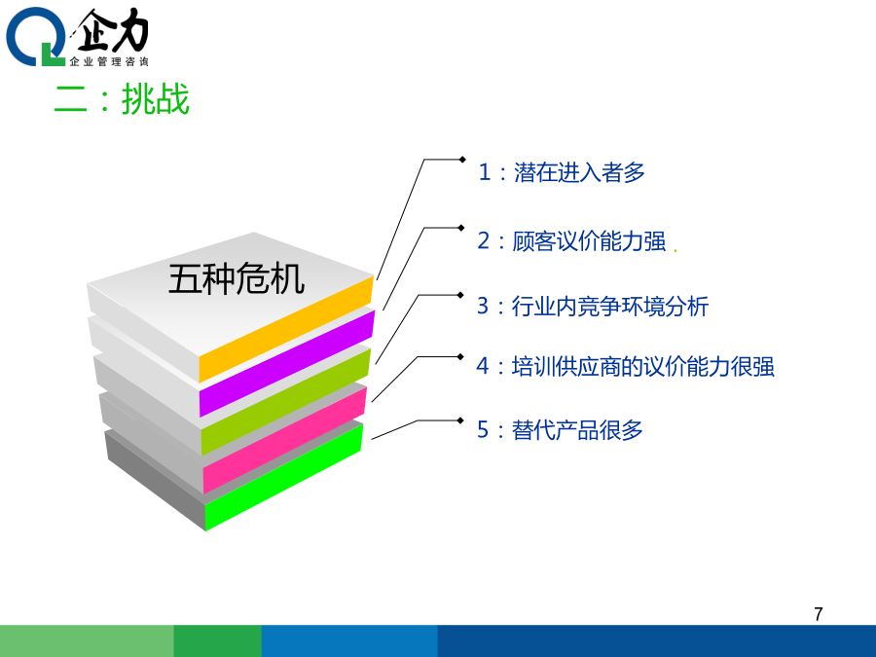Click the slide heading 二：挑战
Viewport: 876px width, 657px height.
pos(122,99)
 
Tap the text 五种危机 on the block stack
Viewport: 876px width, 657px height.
pos(237,278)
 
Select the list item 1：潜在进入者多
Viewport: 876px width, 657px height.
pos(562,172)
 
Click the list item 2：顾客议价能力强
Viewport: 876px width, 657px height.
pos(571,241)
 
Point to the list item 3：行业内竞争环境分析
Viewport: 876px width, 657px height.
pos(593,307)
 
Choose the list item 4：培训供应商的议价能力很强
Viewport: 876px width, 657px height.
pos(625,367)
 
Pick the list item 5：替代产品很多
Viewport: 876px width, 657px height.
pos(560,430)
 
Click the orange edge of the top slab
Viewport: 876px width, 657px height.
pos(286,329)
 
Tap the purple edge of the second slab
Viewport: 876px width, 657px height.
pos(286,364)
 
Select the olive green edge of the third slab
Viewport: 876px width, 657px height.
pos(285,401)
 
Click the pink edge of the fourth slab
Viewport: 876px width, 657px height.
pos(284,440)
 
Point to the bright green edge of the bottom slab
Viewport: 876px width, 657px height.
pos(284,477)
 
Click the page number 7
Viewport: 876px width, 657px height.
pos(819,614)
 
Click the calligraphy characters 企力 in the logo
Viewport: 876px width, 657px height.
pos(112,30)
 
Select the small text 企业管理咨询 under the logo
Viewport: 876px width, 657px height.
pos(109,61)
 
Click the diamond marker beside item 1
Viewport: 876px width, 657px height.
pos(462,160)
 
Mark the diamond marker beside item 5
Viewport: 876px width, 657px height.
pos(460,420)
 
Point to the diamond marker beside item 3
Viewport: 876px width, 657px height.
pos(460,295)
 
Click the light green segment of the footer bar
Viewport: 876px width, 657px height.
pos(87,640)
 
